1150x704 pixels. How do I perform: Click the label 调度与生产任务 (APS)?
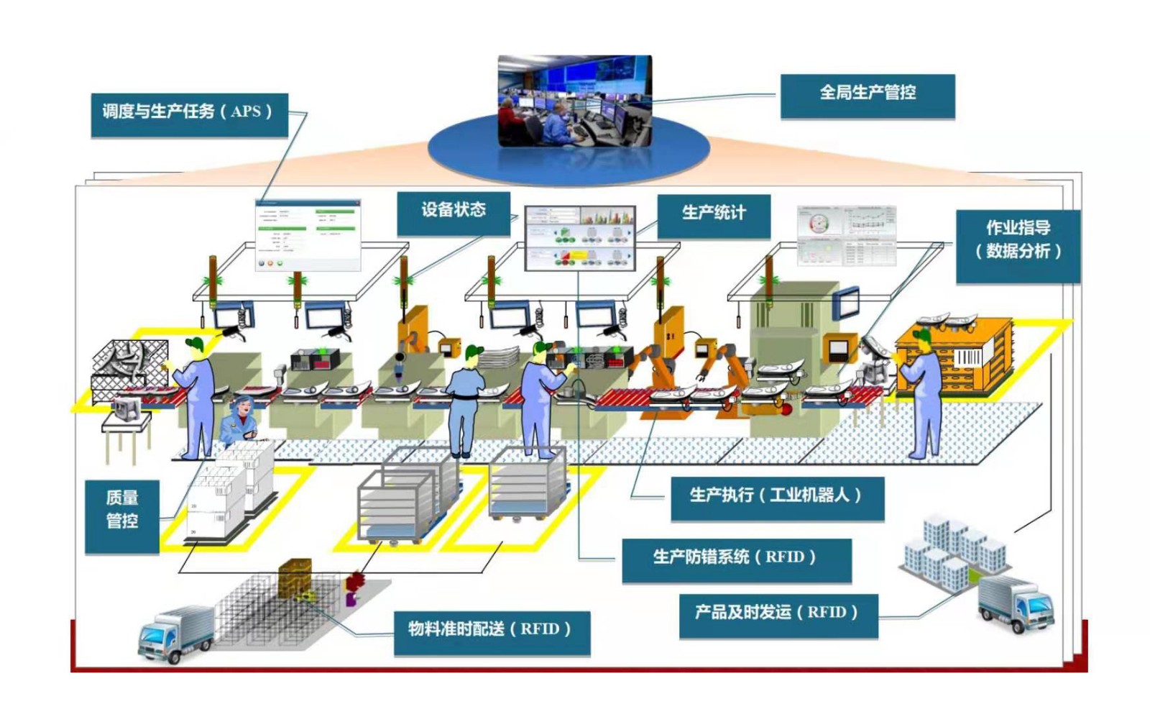coord(188,113)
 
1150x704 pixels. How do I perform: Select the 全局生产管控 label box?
coord(868,94)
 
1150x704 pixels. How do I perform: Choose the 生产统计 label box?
coord(713,214)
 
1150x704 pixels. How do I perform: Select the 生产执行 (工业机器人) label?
coord(776,496)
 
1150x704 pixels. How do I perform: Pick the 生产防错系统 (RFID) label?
coord(735,558)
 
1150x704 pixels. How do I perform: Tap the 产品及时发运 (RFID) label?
coord(778,613)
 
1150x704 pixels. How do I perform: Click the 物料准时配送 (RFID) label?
coord(491,631)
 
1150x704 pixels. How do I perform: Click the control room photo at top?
coord(574,101)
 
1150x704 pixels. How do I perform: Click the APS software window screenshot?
coord(308,234)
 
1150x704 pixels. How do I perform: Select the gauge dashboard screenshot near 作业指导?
coord(847,234)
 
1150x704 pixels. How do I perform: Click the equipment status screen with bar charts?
coord(580,238)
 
